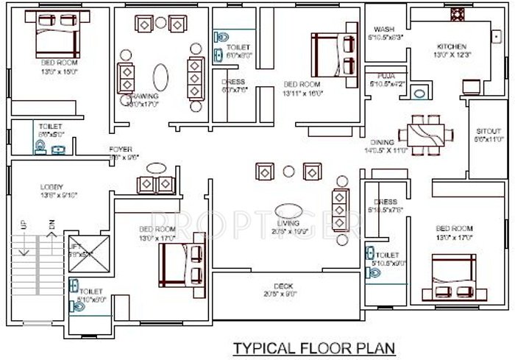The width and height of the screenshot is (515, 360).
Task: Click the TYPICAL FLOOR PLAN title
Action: coord(314,347)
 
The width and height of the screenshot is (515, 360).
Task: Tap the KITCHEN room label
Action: coord(450,46)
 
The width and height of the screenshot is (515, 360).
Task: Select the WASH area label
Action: coord(384,29)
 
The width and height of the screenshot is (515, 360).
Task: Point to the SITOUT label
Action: coord(488,130)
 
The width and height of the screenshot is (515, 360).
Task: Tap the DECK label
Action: coord(284,286)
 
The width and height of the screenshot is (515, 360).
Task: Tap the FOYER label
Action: coord(121,149)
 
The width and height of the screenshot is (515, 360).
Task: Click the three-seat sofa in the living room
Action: coord(341,209)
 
